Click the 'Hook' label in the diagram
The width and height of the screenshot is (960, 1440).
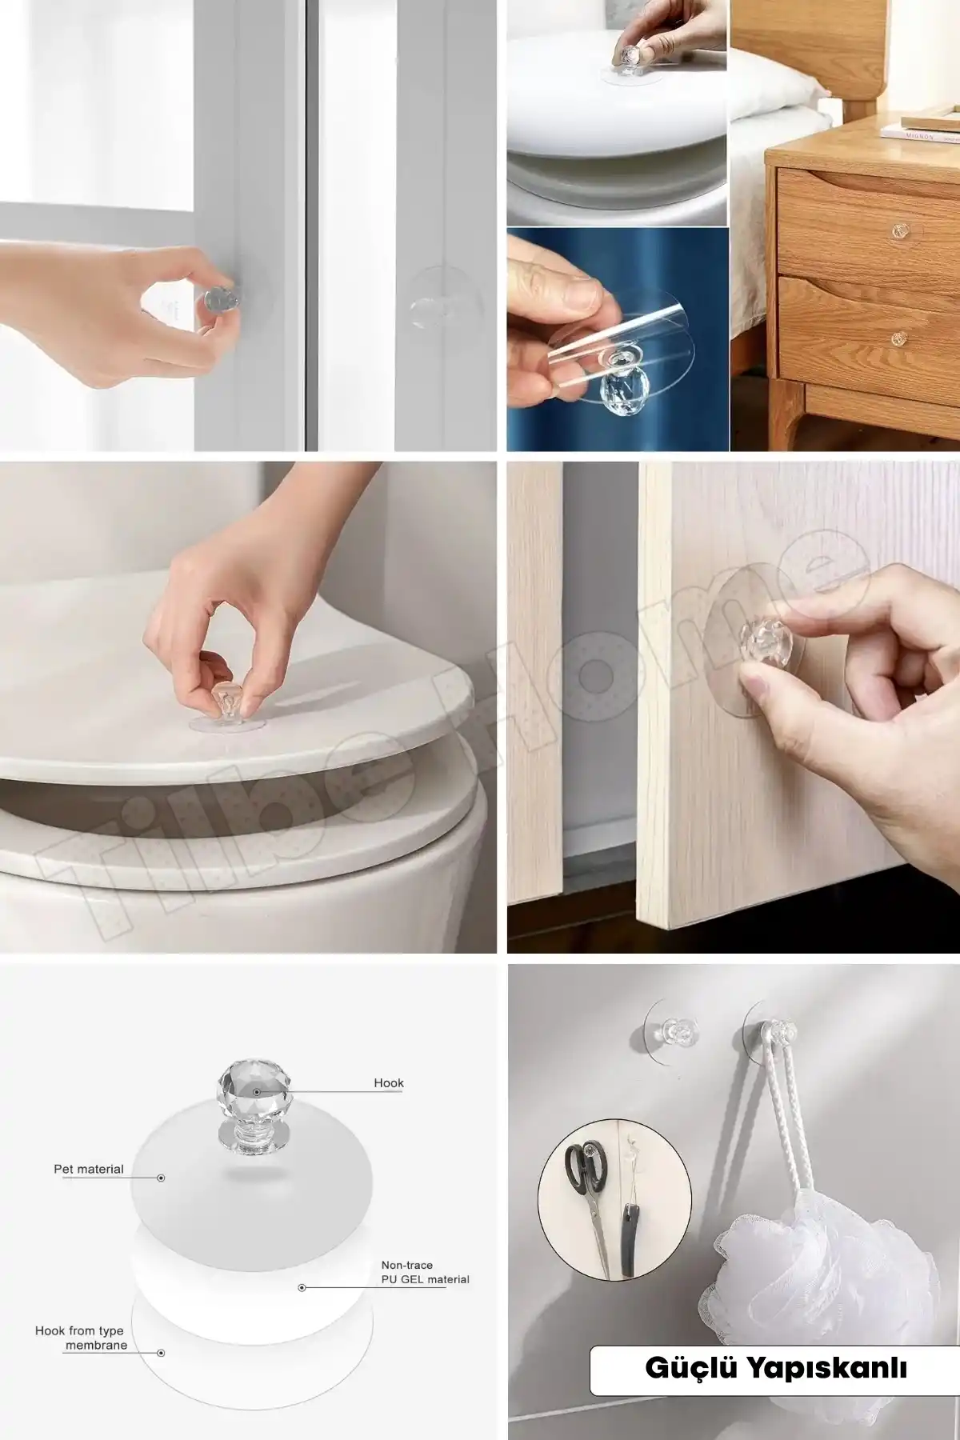[x=389, y=1083]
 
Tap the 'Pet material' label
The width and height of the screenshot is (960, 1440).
[x=89, y=1169]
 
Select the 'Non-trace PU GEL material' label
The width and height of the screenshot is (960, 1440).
[x=425, y=1272]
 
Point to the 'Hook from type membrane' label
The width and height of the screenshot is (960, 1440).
[x=80, y=1338]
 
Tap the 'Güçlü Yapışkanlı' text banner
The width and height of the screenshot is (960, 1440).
[x=775, y=1368]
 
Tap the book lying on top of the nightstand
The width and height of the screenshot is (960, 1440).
[x=920, y=128]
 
